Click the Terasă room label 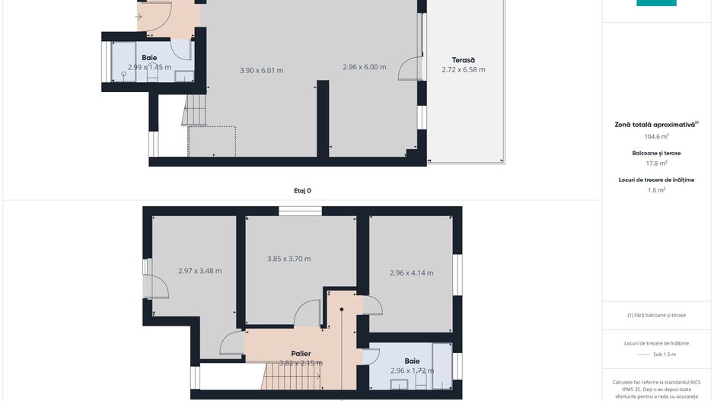[x=463, y=60]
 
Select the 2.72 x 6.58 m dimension [x=463, y=70]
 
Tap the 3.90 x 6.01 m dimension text [x=261, y=71]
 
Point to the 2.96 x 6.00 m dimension [x=365, y=67]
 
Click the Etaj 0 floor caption [x=302, y=191]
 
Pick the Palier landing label [x=301, y=354]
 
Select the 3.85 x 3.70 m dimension [x=289, y=259]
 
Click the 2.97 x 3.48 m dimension [x=200, y=271]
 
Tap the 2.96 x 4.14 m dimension [x=412, y=273]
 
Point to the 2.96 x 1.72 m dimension [x=412, y=371]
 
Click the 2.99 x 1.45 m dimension [x=149, y=68]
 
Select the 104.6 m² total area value [x=656, y=136]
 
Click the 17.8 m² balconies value [x=656, y=164]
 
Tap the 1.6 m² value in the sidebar [x=656, y=190]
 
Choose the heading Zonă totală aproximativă [x=656, y=125]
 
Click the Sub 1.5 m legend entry [x=665, y=354]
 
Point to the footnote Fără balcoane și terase [x=656, y=315]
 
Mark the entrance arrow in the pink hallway [x=139, y=17]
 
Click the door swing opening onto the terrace [x=410, y=68]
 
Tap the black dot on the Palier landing [x=342, y=310]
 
